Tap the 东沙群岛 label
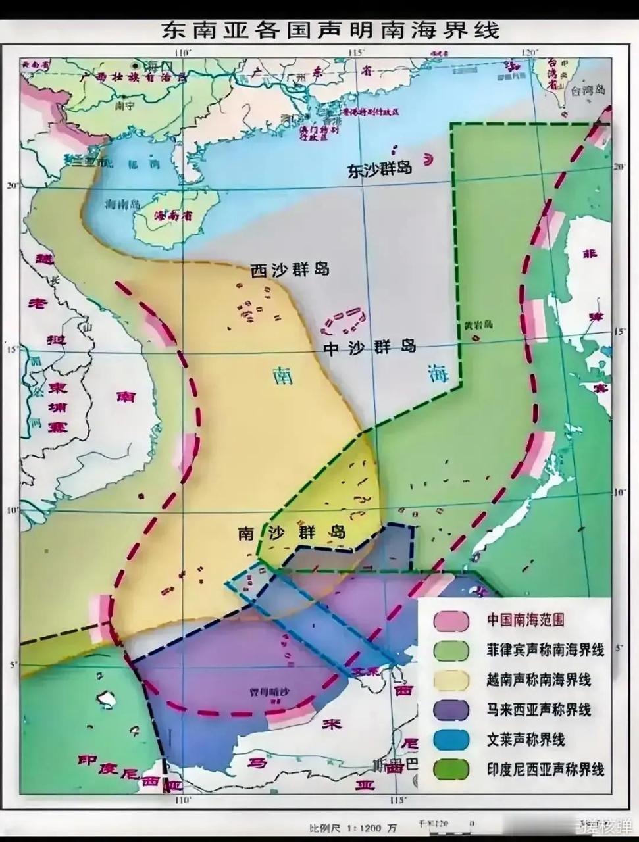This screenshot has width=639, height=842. pos(380,169)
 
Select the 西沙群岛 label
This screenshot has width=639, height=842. pos(290,270)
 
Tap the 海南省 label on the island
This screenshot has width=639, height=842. pos(168,215)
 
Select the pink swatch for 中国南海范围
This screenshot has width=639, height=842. pos(451,620)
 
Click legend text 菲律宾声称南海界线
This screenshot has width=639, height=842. pos(546,650)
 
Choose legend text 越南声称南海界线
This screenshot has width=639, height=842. pos(539,680)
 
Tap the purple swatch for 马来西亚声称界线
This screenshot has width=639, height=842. pos(451,710)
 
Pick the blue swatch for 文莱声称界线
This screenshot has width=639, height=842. pos(451,739)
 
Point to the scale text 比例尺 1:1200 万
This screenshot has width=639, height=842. pos(353,827)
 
